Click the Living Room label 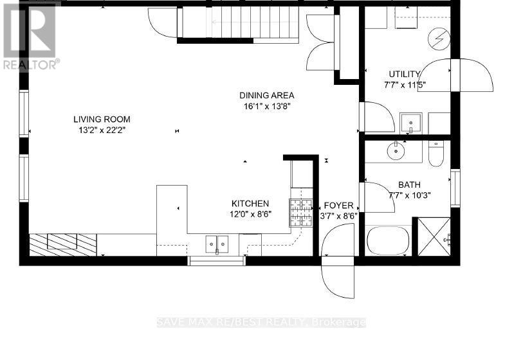click(102, 119)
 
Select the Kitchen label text click(250, 203)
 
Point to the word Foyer click(339, 206)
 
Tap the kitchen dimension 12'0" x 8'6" click(251, 215)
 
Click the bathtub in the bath click(389, 241)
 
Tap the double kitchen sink click(217, 244)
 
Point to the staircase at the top click(237, 24)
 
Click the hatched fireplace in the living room click(63, 242)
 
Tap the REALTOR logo click(30, 35)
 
